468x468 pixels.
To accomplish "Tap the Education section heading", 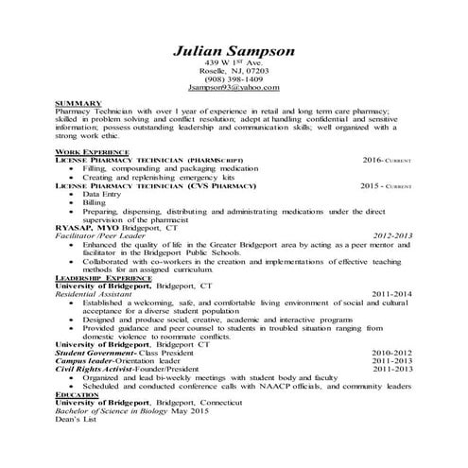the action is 78,393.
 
